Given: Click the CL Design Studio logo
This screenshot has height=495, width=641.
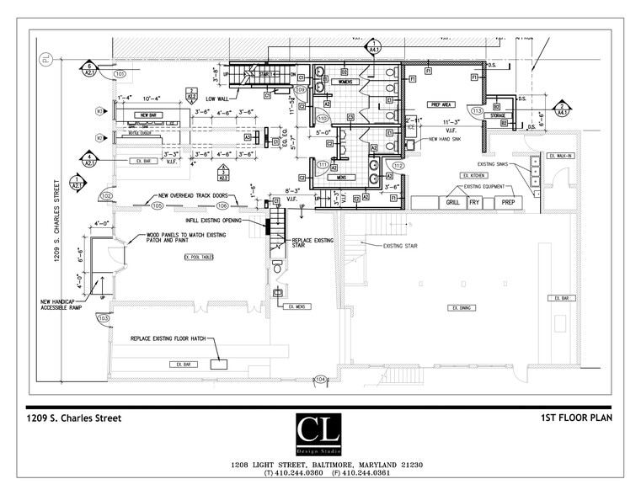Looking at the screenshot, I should tap(318, 434).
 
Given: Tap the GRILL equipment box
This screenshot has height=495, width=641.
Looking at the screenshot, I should tap(452, 203).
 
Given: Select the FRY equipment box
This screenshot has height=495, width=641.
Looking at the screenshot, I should tap(475, 203).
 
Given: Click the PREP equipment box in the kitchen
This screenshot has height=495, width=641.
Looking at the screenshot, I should tap(508, 203).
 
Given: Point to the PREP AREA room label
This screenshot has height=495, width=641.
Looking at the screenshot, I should tap(441, 105).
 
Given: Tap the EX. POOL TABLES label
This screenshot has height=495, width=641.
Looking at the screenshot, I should tap(199, 257).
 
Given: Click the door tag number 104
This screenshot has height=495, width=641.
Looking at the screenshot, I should tap(320, 380).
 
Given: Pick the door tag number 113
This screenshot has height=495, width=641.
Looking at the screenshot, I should tap(478, 111).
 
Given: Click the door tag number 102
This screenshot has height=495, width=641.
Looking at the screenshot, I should tap(106, 195).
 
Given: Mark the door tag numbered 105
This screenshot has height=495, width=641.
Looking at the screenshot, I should tap(158, 205).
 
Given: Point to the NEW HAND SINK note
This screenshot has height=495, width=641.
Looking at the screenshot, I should tap(446, 139).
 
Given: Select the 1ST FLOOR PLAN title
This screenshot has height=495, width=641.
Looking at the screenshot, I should tap(576, 418).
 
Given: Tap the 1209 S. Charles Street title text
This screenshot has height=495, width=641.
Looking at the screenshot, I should tap(74, 418).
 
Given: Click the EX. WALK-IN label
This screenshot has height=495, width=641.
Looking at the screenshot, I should tap(560, 156).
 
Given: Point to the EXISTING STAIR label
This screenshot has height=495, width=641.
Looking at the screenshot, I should tap(402, 246).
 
